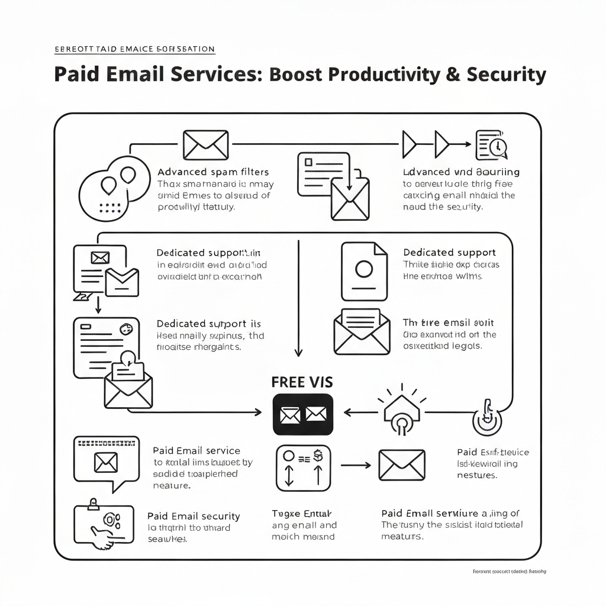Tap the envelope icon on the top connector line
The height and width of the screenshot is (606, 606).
(205, 144)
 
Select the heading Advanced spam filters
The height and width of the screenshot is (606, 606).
(213, 172)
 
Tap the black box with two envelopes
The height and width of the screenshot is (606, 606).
(303, 414)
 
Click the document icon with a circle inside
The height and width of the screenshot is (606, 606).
(363, 270)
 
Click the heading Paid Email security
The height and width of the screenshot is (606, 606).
(194, 517)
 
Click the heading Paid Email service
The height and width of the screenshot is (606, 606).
(196, 451)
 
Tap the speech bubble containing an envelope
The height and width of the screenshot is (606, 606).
(107, 462)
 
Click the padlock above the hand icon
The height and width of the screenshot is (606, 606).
(94, 504)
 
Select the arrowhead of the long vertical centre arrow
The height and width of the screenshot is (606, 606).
(298, 350)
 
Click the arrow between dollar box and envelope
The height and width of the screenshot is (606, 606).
(355, 465)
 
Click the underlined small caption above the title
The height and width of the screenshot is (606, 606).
(134, 49)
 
